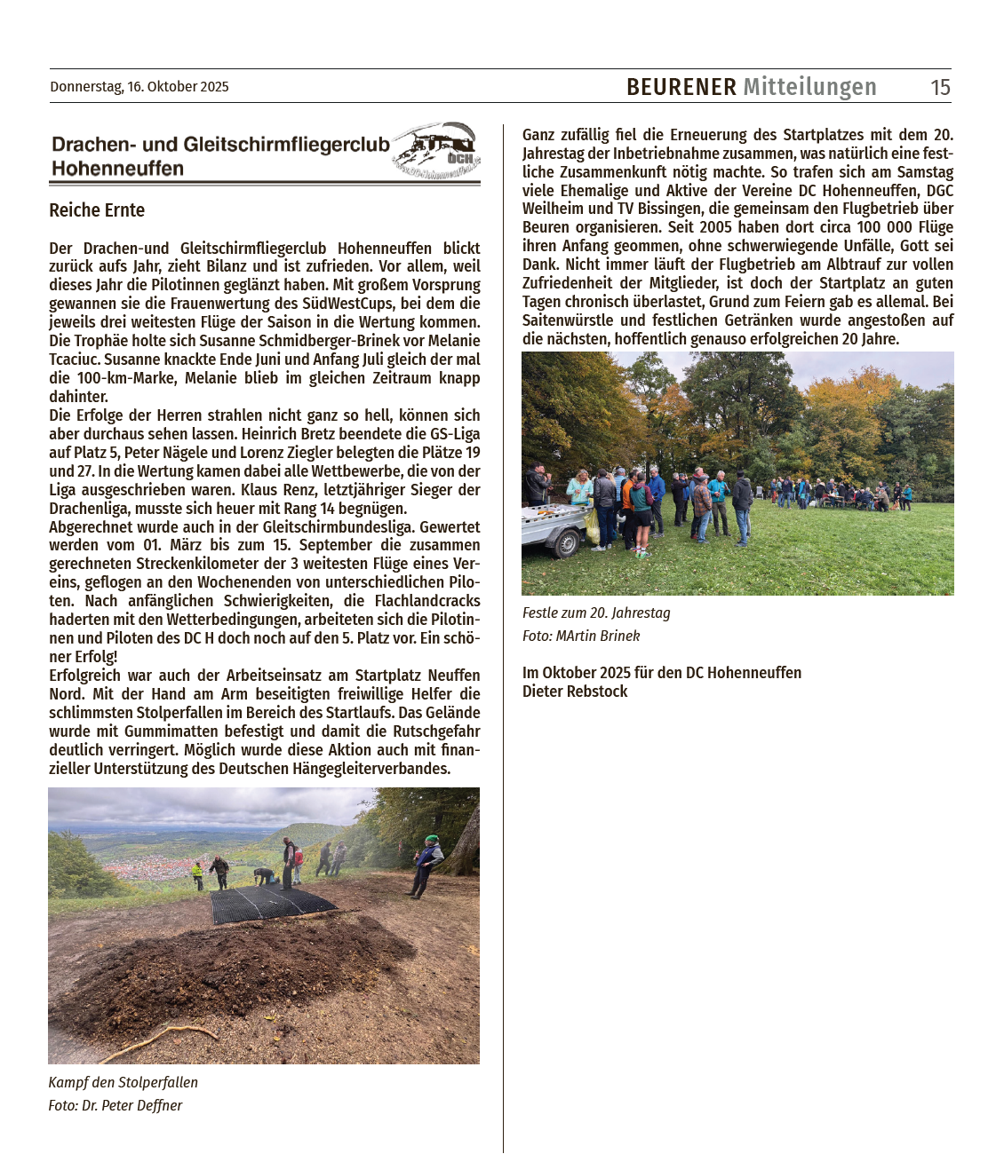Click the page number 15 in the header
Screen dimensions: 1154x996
tap(940, 87)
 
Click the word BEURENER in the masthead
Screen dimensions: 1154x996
tap(681, 87)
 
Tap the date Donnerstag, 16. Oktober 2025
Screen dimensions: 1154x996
tap(139, 87)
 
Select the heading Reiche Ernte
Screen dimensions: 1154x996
tap(97, 210)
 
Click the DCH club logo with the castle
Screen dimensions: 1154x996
tap(437, 150)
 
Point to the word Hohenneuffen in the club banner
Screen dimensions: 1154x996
tap(117, 169)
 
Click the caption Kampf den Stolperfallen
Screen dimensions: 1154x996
tap(124, 1082)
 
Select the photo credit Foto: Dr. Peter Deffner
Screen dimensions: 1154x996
tap(116, 1105)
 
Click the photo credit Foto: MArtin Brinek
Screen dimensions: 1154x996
tap(581, 636)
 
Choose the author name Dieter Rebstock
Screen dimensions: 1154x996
tap(575, 692)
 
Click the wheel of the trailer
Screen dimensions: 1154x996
tap(564, 543)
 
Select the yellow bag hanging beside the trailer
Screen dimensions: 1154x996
tap(593, 526)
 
